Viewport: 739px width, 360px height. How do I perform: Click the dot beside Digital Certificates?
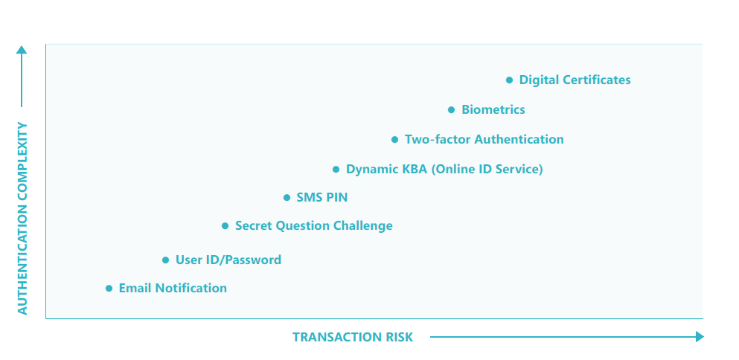click(509, 80)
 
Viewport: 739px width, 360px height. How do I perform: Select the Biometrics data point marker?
click(451, 110)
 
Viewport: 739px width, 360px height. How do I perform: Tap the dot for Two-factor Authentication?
click(394, 140)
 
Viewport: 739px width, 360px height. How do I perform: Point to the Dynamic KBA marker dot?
click(336, 169)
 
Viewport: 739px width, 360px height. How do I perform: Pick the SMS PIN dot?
click(287, 197)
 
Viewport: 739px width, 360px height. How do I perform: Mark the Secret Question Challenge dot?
click(225, 225)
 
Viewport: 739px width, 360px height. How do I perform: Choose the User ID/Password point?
click(165, 260)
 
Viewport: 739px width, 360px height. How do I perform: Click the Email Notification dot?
click(109, 289)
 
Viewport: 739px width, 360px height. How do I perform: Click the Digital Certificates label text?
click(575, 80)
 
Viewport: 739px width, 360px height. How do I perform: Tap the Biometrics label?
click(493, 110)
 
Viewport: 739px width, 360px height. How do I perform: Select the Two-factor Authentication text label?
click(484, 140)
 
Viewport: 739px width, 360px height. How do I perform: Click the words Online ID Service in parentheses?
click(487, 169)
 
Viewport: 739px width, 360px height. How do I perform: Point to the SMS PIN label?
click(322, 197)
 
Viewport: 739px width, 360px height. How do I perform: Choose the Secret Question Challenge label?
click(314, 225)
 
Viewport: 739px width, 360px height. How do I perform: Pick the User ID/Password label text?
click(228, 260)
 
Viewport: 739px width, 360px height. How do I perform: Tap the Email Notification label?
click(173, 288)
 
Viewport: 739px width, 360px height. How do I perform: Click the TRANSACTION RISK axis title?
click(353, 338)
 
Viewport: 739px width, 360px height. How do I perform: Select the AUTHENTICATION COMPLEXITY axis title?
click(22, 219)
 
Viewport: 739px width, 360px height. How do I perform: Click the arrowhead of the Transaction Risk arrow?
click(700, 336)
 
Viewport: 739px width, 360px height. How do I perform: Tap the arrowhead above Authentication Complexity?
click(22, 50)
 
